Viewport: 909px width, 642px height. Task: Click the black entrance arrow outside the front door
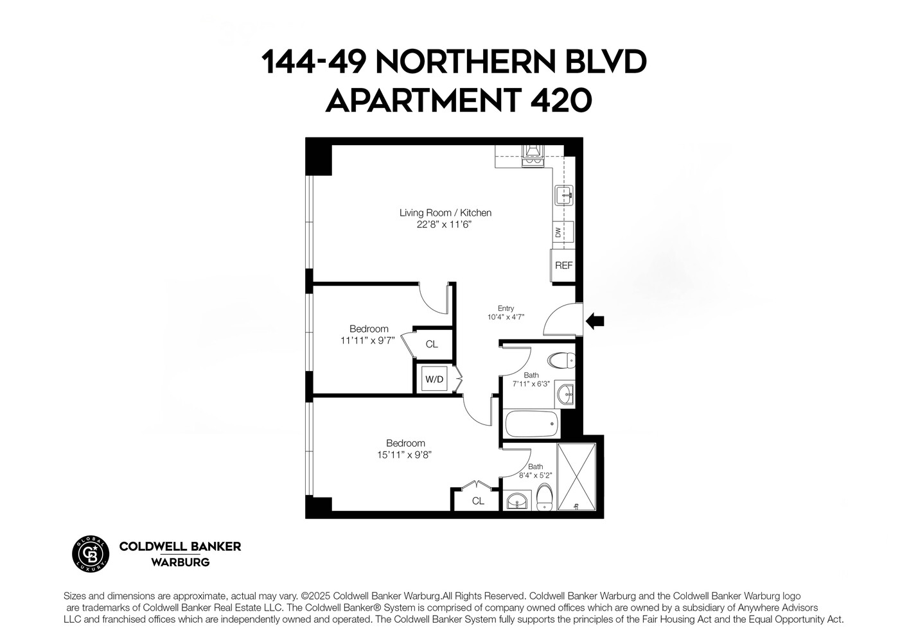point(595,320)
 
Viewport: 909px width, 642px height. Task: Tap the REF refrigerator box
point(563,265)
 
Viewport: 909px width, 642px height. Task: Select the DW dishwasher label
point(558,231)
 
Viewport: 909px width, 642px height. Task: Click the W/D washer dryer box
point(434,379)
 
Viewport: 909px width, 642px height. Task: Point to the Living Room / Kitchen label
point(445,213)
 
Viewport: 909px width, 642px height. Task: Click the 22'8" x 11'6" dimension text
point(445,225)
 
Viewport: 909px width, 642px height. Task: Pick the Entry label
point(506,308)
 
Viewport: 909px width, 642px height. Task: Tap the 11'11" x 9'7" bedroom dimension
point(367,341)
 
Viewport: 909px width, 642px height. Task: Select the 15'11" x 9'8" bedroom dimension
point(405,455)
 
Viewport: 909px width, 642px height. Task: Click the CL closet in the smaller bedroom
point(432,344)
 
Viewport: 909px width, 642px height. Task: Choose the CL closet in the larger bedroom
point(478,501)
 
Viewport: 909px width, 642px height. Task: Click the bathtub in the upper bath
point(531,424)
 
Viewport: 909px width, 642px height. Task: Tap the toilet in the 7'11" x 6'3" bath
point(563,360)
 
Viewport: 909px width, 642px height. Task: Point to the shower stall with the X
point(577,476)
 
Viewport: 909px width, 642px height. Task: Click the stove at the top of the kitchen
point(533,155)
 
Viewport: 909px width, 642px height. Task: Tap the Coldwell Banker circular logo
point(90,552)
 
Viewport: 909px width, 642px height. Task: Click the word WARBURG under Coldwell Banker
point(180,562)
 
